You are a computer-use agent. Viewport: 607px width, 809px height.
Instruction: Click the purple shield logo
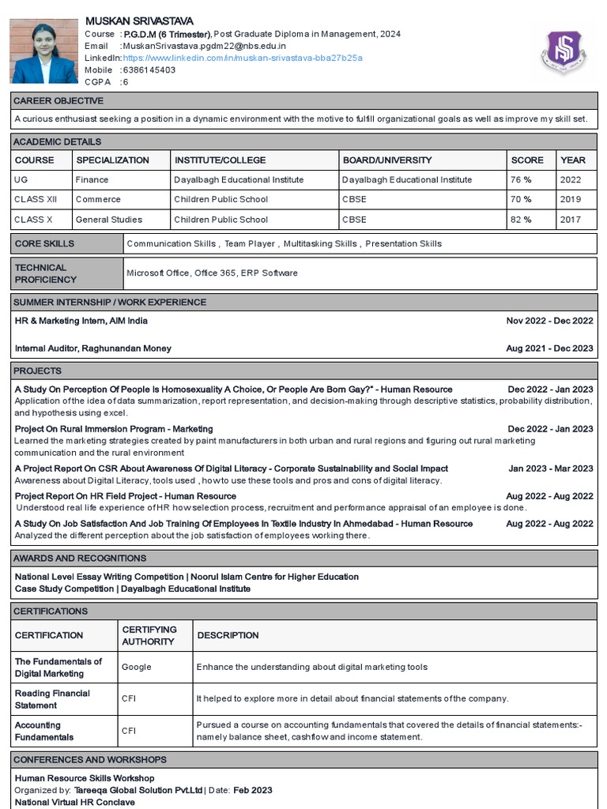coord(563,52)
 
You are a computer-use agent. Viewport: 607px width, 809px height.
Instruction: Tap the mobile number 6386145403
coord(149,70)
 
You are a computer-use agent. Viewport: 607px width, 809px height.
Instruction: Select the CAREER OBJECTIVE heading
coord(59,101)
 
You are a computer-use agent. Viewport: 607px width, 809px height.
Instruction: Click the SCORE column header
coord(527,160)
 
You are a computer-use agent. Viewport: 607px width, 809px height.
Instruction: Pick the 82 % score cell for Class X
coord(521,220)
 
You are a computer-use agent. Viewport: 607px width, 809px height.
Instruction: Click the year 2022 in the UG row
coord(571,180)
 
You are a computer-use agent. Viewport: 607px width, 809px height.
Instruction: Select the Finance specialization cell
coord(92,180)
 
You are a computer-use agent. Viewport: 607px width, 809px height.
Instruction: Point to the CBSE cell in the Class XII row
coord(354,200)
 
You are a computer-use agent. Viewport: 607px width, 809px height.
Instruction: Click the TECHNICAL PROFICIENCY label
coord(46,273)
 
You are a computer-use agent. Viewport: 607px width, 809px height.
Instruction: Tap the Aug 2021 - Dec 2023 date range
coord(549,348)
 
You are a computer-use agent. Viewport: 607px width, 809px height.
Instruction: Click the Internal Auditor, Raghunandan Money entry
coord(93,348)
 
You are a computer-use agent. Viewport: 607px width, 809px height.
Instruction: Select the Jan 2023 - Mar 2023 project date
coord(550,468)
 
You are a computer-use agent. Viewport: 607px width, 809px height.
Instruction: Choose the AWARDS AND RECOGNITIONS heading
coord(79,559)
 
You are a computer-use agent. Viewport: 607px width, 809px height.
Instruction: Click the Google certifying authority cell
coord(137,667)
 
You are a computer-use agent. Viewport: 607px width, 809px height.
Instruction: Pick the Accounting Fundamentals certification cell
coord(44,731)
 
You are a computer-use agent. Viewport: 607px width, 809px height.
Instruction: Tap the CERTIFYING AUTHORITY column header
coord(149,635)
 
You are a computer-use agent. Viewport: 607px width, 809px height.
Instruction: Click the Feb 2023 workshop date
coord(253,790)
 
